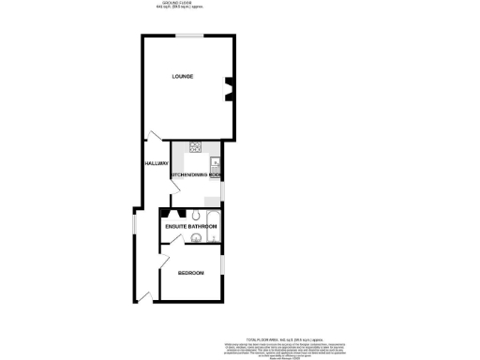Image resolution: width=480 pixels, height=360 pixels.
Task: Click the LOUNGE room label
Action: tap(182, 75)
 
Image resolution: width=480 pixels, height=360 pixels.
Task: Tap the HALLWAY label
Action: tap(156, 164)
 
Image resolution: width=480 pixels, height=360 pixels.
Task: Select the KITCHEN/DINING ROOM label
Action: tap(195, 175)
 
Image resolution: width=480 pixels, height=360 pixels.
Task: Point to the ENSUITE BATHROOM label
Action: tap(191, 227)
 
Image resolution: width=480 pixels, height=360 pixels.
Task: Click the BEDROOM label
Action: tap(191, 273)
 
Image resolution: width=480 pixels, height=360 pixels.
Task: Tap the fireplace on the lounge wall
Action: tap(225, 89)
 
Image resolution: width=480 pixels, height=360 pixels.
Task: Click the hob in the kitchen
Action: tap(197, 145)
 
